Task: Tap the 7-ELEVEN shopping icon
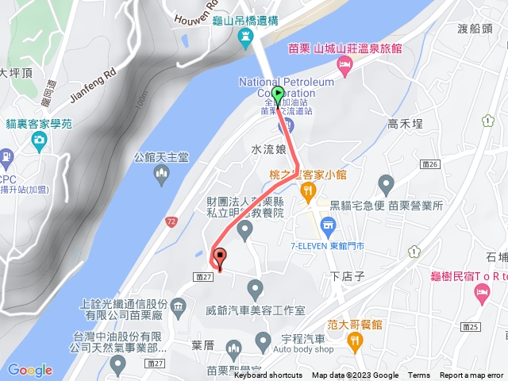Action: pyautogui.click(x=327, y=228)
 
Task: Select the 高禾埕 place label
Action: pyautogui.click(x=404, y=123)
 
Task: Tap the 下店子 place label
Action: pyautogui.click(x=346, y=276)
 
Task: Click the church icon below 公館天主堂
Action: pyautogui.click(x=162, y=173)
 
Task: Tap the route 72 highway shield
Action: pyautogui.click(x=171, y=220)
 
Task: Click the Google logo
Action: pyautogui.click(x=29, y=370)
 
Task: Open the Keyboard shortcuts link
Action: pyautogui.click(x=267, y=375)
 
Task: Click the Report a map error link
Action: pyautogui.click(x=472, y=375)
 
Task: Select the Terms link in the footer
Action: pyautogui.click(x=419, y=375)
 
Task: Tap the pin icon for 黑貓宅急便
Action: pyautogui.click(x=387, y=187)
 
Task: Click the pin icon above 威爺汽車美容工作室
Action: pyautogui.click(x=255, y=287)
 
